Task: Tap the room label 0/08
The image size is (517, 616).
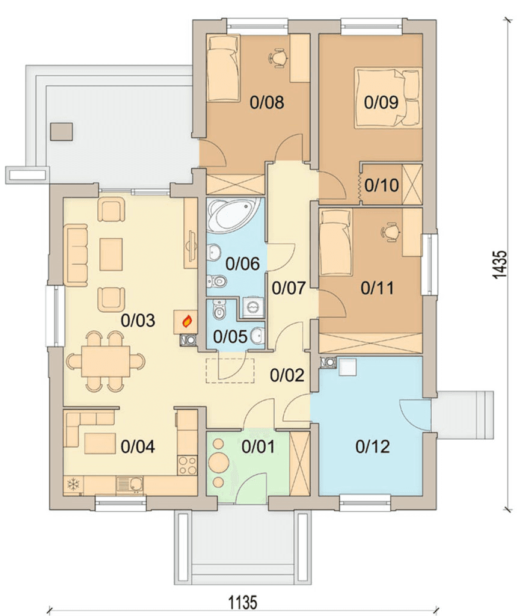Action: pos(267,102)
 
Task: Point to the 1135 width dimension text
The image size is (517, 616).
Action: pos(243,602)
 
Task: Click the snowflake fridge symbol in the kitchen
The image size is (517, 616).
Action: pos(73,484)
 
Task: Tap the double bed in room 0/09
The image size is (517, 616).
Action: pos(388,98)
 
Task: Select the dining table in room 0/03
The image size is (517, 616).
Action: pos(106,362)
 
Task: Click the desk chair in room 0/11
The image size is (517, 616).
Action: pos(390,231)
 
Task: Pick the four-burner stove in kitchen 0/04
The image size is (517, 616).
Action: pos(187,465)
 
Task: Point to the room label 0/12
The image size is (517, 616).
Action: pos(373,447)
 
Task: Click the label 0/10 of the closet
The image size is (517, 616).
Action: pos(382,185)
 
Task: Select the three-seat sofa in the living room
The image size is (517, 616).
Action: pos(76,255)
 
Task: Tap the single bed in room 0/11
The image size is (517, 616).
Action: pos(335,242)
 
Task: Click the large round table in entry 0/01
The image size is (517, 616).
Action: pos(219,463)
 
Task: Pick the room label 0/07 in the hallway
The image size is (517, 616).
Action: pos(289,288)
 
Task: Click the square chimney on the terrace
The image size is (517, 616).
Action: pos(62,132)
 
